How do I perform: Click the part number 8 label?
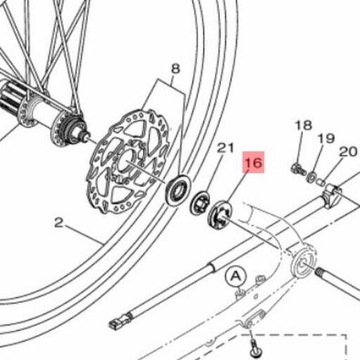click(176, 69)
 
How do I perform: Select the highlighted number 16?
click(254, 162)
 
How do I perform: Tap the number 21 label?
click(225, 148)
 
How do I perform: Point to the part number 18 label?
click(303, 125)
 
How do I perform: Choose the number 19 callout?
click(326, 139)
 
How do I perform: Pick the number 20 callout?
click(348, 152)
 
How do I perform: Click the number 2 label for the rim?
click(58, 223)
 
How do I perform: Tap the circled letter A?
click(236, 276)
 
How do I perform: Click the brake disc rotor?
click(128, 161)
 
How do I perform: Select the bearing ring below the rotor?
click(179, 190)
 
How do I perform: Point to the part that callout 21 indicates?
click(200, 203)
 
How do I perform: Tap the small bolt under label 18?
click(298, 169)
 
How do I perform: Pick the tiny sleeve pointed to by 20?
click(321, 181)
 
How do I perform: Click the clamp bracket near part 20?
click(333, 196)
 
